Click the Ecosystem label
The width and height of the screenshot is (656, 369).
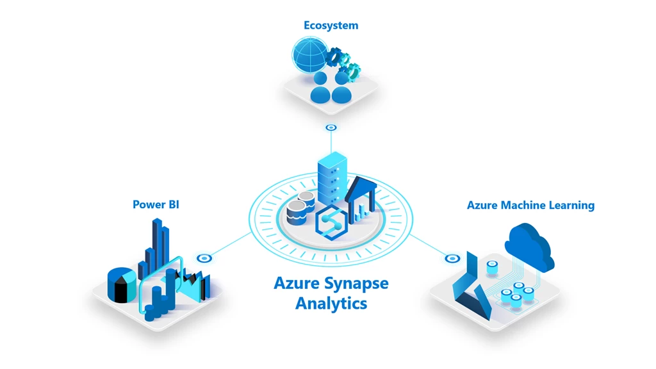[x=331, y=26]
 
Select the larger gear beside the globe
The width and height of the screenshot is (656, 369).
[x=334, y=58]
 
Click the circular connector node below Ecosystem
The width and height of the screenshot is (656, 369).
[x=331, y=127]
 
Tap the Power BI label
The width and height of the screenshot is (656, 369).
[x=156, y=205]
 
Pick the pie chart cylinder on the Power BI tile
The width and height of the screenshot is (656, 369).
[x=121, y=284]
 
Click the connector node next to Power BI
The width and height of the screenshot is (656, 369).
[x=204, y=258]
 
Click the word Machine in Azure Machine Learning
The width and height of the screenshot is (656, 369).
[x=525, y=206]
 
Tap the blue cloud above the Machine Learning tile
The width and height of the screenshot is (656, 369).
[x=530, y=247]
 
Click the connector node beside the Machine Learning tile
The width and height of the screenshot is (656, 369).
[x=452, y=258]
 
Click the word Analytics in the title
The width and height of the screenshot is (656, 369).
[x=331, y=303]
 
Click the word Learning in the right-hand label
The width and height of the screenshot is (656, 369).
[x=571, y=206]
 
